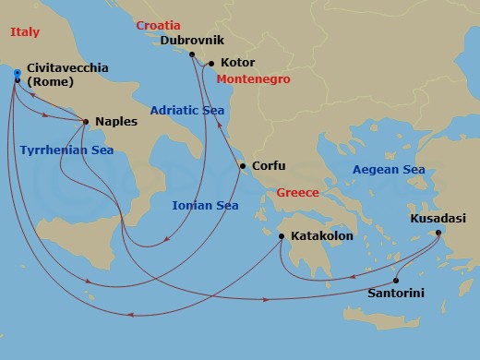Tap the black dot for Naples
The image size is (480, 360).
86,121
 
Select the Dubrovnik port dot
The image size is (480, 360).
193,54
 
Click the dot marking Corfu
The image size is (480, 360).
242,167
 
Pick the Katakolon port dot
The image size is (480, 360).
282,236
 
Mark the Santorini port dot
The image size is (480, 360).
396,281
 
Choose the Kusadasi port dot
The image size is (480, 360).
438,232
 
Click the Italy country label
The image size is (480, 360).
25,32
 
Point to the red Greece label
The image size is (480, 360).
297,193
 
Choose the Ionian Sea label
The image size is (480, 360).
205,206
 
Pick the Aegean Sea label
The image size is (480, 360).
388,170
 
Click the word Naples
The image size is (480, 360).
116,121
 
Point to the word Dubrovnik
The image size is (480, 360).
194,41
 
